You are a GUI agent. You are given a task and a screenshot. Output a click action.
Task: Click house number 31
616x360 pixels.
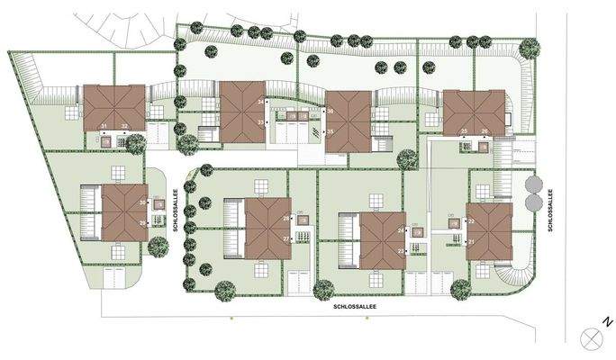[104, 126]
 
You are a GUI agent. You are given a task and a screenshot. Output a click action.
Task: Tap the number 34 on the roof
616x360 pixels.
[260, 102]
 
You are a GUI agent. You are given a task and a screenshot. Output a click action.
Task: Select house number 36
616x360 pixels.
[331, 112]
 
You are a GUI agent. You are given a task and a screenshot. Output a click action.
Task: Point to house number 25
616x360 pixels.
[464, 131]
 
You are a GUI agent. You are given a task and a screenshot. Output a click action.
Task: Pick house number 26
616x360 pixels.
[485, 131]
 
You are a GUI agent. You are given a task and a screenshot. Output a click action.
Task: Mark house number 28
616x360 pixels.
[286, 219]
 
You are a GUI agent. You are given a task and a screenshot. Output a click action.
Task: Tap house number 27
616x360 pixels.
[286, 238]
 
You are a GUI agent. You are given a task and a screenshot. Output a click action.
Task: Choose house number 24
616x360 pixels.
[400, 230]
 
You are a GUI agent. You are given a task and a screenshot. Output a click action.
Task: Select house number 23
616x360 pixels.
[400, 251]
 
